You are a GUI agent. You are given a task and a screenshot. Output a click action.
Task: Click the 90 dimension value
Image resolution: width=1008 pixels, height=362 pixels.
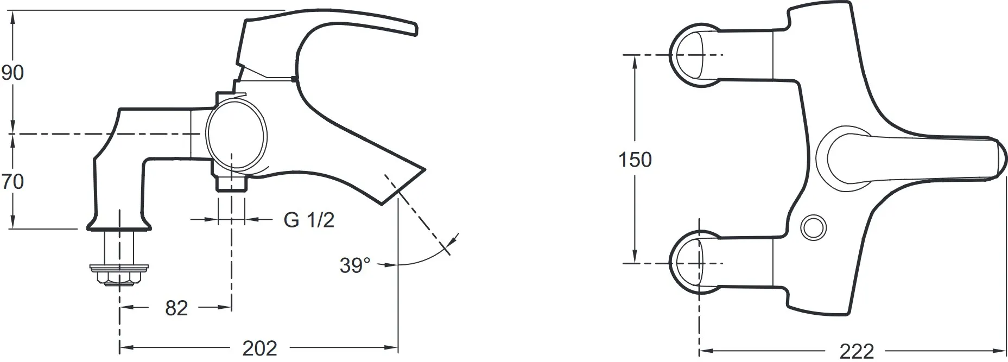tap(12, 72)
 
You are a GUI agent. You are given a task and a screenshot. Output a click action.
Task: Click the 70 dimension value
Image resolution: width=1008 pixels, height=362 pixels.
tap(12, 181)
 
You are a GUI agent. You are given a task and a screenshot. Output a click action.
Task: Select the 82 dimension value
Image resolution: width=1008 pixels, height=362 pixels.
tap(176, 308)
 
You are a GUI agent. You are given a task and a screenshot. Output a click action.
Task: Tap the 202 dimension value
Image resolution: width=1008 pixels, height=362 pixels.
tap(259, 348)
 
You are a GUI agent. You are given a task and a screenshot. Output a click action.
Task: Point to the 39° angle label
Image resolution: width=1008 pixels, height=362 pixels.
tap(355, 265)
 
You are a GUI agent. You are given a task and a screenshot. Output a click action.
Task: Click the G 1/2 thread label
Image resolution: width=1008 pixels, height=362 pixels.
tap(309, 220)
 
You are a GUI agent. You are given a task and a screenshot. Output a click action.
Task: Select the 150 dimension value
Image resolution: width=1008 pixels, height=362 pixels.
tap(635, 160)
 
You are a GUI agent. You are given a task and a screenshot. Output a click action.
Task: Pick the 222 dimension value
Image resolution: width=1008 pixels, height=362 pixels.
tap(857, 351)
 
